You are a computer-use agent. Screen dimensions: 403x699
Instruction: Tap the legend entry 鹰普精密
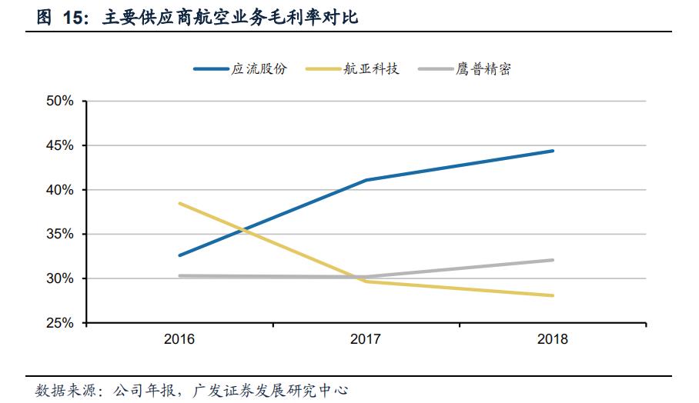[483, 69]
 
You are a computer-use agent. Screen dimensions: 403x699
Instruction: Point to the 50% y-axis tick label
[60, 102]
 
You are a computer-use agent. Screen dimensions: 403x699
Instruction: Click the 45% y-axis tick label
[60, 145]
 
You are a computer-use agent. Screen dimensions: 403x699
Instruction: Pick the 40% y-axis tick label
[60, 190]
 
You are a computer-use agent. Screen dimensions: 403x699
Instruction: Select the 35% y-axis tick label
[60, 235]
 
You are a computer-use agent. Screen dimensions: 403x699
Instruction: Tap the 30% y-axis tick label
[60, 278]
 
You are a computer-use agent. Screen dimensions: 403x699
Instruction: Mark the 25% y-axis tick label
[60, 323]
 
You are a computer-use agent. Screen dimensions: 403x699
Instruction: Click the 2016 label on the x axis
[179, 339]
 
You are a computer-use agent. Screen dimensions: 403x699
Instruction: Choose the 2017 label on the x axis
[366, 339]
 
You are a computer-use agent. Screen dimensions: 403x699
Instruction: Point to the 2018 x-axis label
[552, 339]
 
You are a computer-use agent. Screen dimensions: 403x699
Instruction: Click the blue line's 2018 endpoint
[553, 151]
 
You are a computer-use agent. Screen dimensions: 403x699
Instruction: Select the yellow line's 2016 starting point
[179, 203]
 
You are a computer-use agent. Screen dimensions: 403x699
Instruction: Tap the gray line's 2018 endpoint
[553, 260]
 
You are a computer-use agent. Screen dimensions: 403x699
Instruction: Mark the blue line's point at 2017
[366, 180]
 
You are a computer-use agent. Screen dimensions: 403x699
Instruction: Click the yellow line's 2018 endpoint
[553, 295]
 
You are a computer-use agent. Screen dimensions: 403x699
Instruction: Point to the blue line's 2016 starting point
[179, 255]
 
